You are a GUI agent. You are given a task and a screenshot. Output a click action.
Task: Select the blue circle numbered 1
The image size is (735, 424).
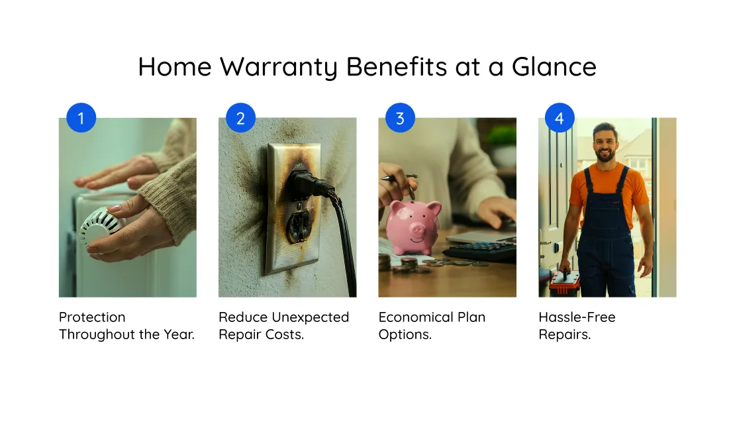pyautogui.click(x=81, y=118)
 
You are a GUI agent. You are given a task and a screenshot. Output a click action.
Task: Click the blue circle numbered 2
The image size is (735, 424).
pyautogui.click(x=240, y=118)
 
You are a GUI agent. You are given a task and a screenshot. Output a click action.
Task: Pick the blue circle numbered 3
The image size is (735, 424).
pyautogui.click(x=400, y=118)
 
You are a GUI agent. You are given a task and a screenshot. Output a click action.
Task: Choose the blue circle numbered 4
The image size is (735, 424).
pyautogui.click(x=560, y=118)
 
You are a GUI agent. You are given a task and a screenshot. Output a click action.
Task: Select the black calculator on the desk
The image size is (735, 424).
pyautogui.click(x=481, y=250)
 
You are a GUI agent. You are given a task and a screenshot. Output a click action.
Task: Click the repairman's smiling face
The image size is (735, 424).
pyautogui.click(x=605, y=142)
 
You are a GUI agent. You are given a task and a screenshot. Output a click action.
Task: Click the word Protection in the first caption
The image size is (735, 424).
pyautogui.click(x=92, y=317)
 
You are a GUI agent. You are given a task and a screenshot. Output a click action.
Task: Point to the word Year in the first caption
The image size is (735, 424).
pyautogui.click(x=179, y=335)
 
